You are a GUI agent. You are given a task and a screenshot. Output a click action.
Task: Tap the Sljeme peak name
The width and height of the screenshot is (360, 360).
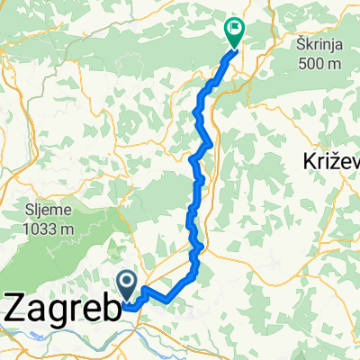tap(49, 212)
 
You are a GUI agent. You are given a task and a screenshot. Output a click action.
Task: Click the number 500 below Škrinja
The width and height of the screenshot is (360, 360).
tap(314, 62)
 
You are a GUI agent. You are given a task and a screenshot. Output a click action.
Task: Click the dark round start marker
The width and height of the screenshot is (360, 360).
tap(127, 285)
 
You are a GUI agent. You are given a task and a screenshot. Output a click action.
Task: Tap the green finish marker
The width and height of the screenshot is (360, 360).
tap(235, 30)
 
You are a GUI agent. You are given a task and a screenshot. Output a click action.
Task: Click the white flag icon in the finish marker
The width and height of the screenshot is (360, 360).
tap(236, 27)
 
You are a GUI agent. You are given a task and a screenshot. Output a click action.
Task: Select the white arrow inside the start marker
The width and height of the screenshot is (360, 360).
tap(127, 284)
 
